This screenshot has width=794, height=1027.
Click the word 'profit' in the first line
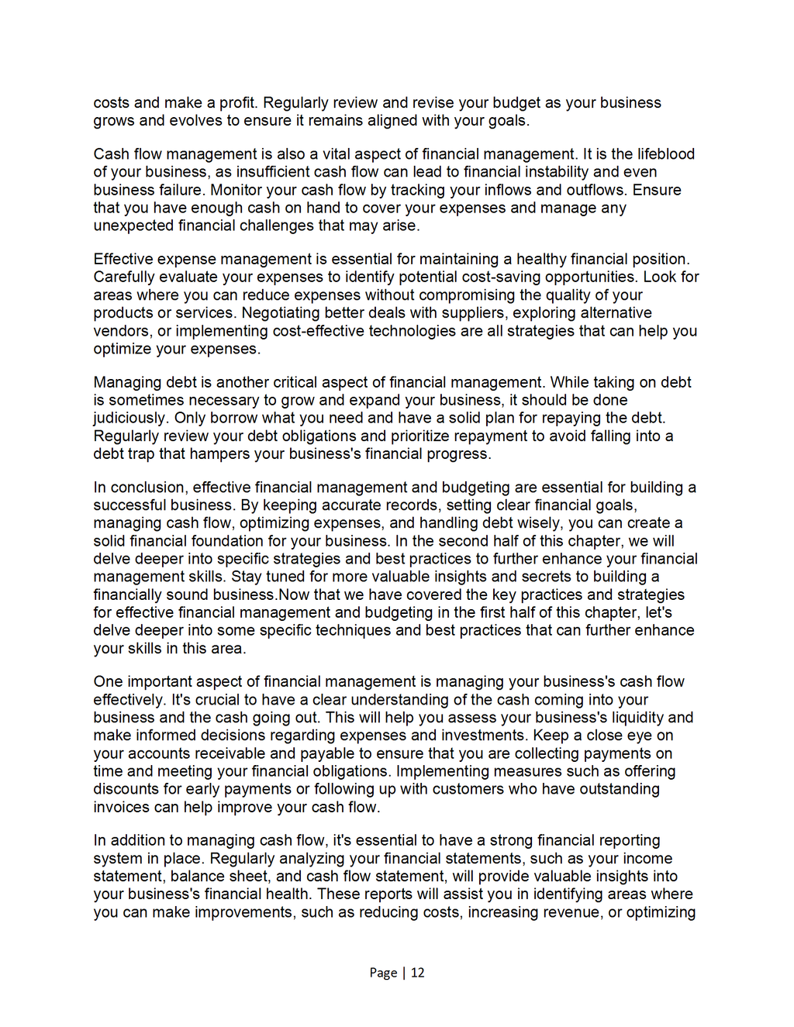click(x=238, y=103)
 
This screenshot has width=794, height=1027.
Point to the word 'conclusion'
click(x=147, y=488)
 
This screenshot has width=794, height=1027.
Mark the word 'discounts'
click(x=126, y=789)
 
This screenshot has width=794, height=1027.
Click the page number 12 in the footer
click(x=418, y=973)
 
